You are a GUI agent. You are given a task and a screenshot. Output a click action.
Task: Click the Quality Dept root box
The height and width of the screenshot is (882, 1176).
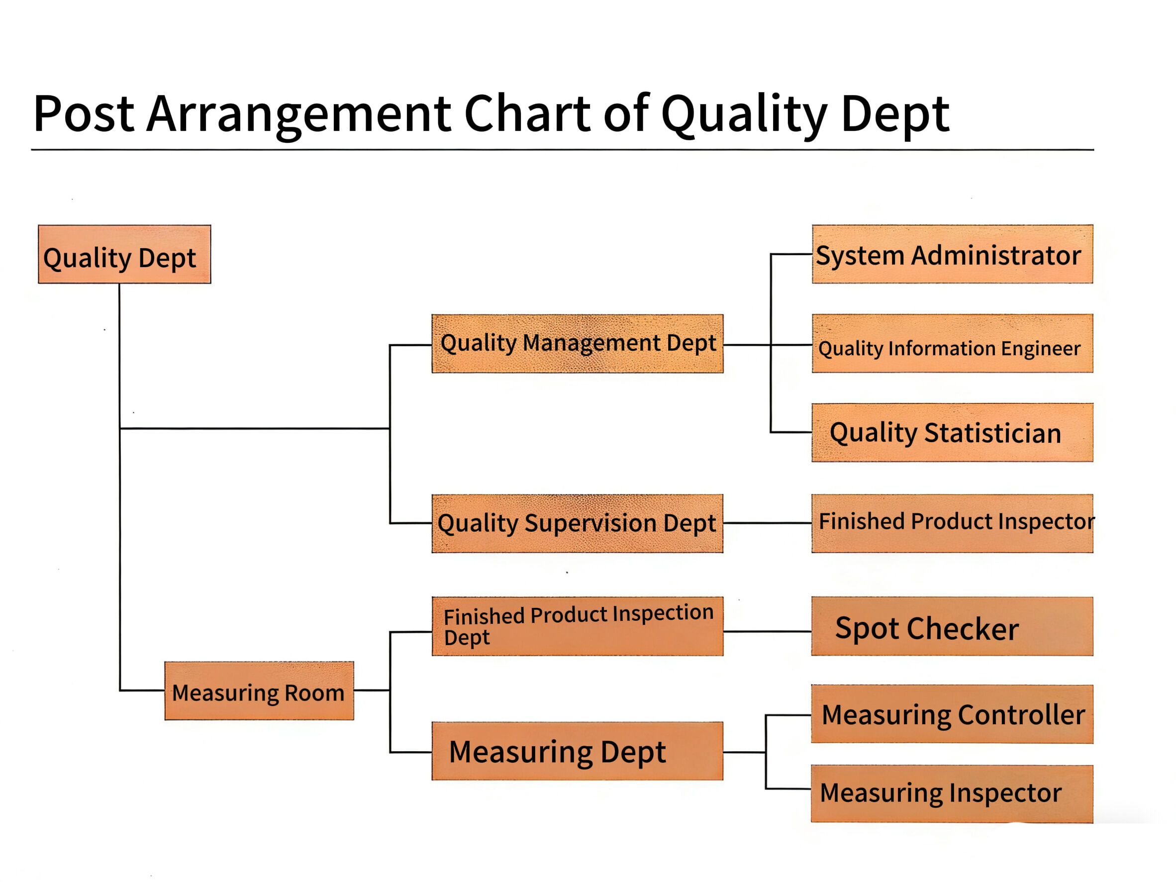point(124,254)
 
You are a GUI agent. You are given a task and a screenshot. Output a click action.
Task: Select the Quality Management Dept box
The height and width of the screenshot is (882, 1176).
point(578,343)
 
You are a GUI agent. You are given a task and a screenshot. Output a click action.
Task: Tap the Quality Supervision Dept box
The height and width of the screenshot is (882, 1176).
point(578,524)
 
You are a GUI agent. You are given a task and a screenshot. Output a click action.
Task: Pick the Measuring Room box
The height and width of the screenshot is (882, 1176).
point(259,690)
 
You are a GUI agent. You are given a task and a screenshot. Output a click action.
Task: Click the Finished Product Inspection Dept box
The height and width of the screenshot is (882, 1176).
point(578,626)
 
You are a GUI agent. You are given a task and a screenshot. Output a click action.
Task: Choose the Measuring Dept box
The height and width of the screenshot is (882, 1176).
point(578,751)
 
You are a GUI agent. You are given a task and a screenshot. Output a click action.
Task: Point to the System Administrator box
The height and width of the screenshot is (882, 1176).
point(952,254)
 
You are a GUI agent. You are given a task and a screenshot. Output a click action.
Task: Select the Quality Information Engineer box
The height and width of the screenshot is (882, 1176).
point(952,343)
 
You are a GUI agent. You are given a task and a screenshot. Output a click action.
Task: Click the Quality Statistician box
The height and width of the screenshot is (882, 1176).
point(952,432)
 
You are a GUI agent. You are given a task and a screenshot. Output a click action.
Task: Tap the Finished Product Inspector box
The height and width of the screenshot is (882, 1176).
point(952,524)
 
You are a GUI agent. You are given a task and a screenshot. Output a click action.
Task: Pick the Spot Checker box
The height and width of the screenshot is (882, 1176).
point(952,626)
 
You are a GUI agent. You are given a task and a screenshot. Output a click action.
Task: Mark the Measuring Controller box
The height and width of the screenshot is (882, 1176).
point(952,714)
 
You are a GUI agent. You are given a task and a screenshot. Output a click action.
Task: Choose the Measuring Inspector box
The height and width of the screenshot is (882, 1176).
point(952,794)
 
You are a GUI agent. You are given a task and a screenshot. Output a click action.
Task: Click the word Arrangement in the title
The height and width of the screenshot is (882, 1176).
point(299,114)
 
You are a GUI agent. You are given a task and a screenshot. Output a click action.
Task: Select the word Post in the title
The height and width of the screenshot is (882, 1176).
point(84,114)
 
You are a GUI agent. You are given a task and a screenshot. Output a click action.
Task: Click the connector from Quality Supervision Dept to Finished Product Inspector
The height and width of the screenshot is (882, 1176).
point(767,523)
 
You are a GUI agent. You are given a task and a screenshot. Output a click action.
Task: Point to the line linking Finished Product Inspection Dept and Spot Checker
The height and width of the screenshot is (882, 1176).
point(767,632)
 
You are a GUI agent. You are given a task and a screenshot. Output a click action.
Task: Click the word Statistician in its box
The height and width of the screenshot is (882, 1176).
point(992,433)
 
